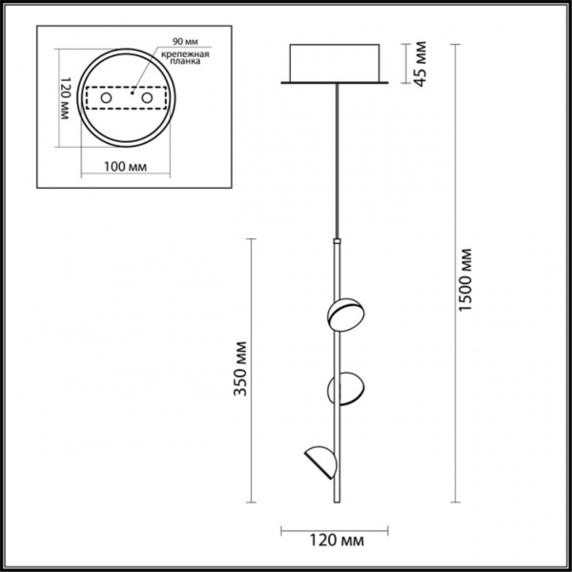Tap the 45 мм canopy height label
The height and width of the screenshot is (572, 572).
[419, 64]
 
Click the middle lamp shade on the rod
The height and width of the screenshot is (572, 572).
[345, 388]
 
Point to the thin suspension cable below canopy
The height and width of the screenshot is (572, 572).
[336, 162]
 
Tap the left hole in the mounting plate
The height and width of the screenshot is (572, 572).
[108, 98]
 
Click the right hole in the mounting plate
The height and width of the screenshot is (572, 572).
[148, 98]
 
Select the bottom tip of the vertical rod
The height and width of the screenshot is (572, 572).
[337, 501]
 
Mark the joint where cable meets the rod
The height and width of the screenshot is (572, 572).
[336, 241]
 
